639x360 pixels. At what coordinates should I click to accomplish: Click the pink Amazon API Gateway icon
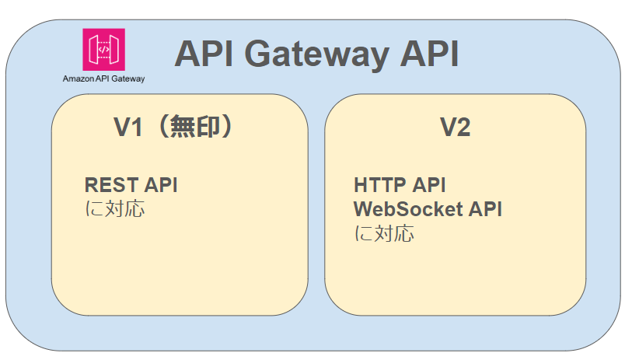[x=103, y=50]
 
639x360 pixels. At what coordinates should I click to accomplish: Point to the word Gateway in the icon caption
[x=128, y=79]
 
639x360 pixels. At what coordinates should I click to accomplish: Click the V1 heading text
[x=128, y=128]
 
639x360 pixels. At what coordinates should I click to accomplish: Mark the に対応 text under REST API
[x=114, y=209]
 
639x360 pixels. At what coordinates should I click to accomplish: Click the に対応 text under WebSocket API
[x=384, y=233]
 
